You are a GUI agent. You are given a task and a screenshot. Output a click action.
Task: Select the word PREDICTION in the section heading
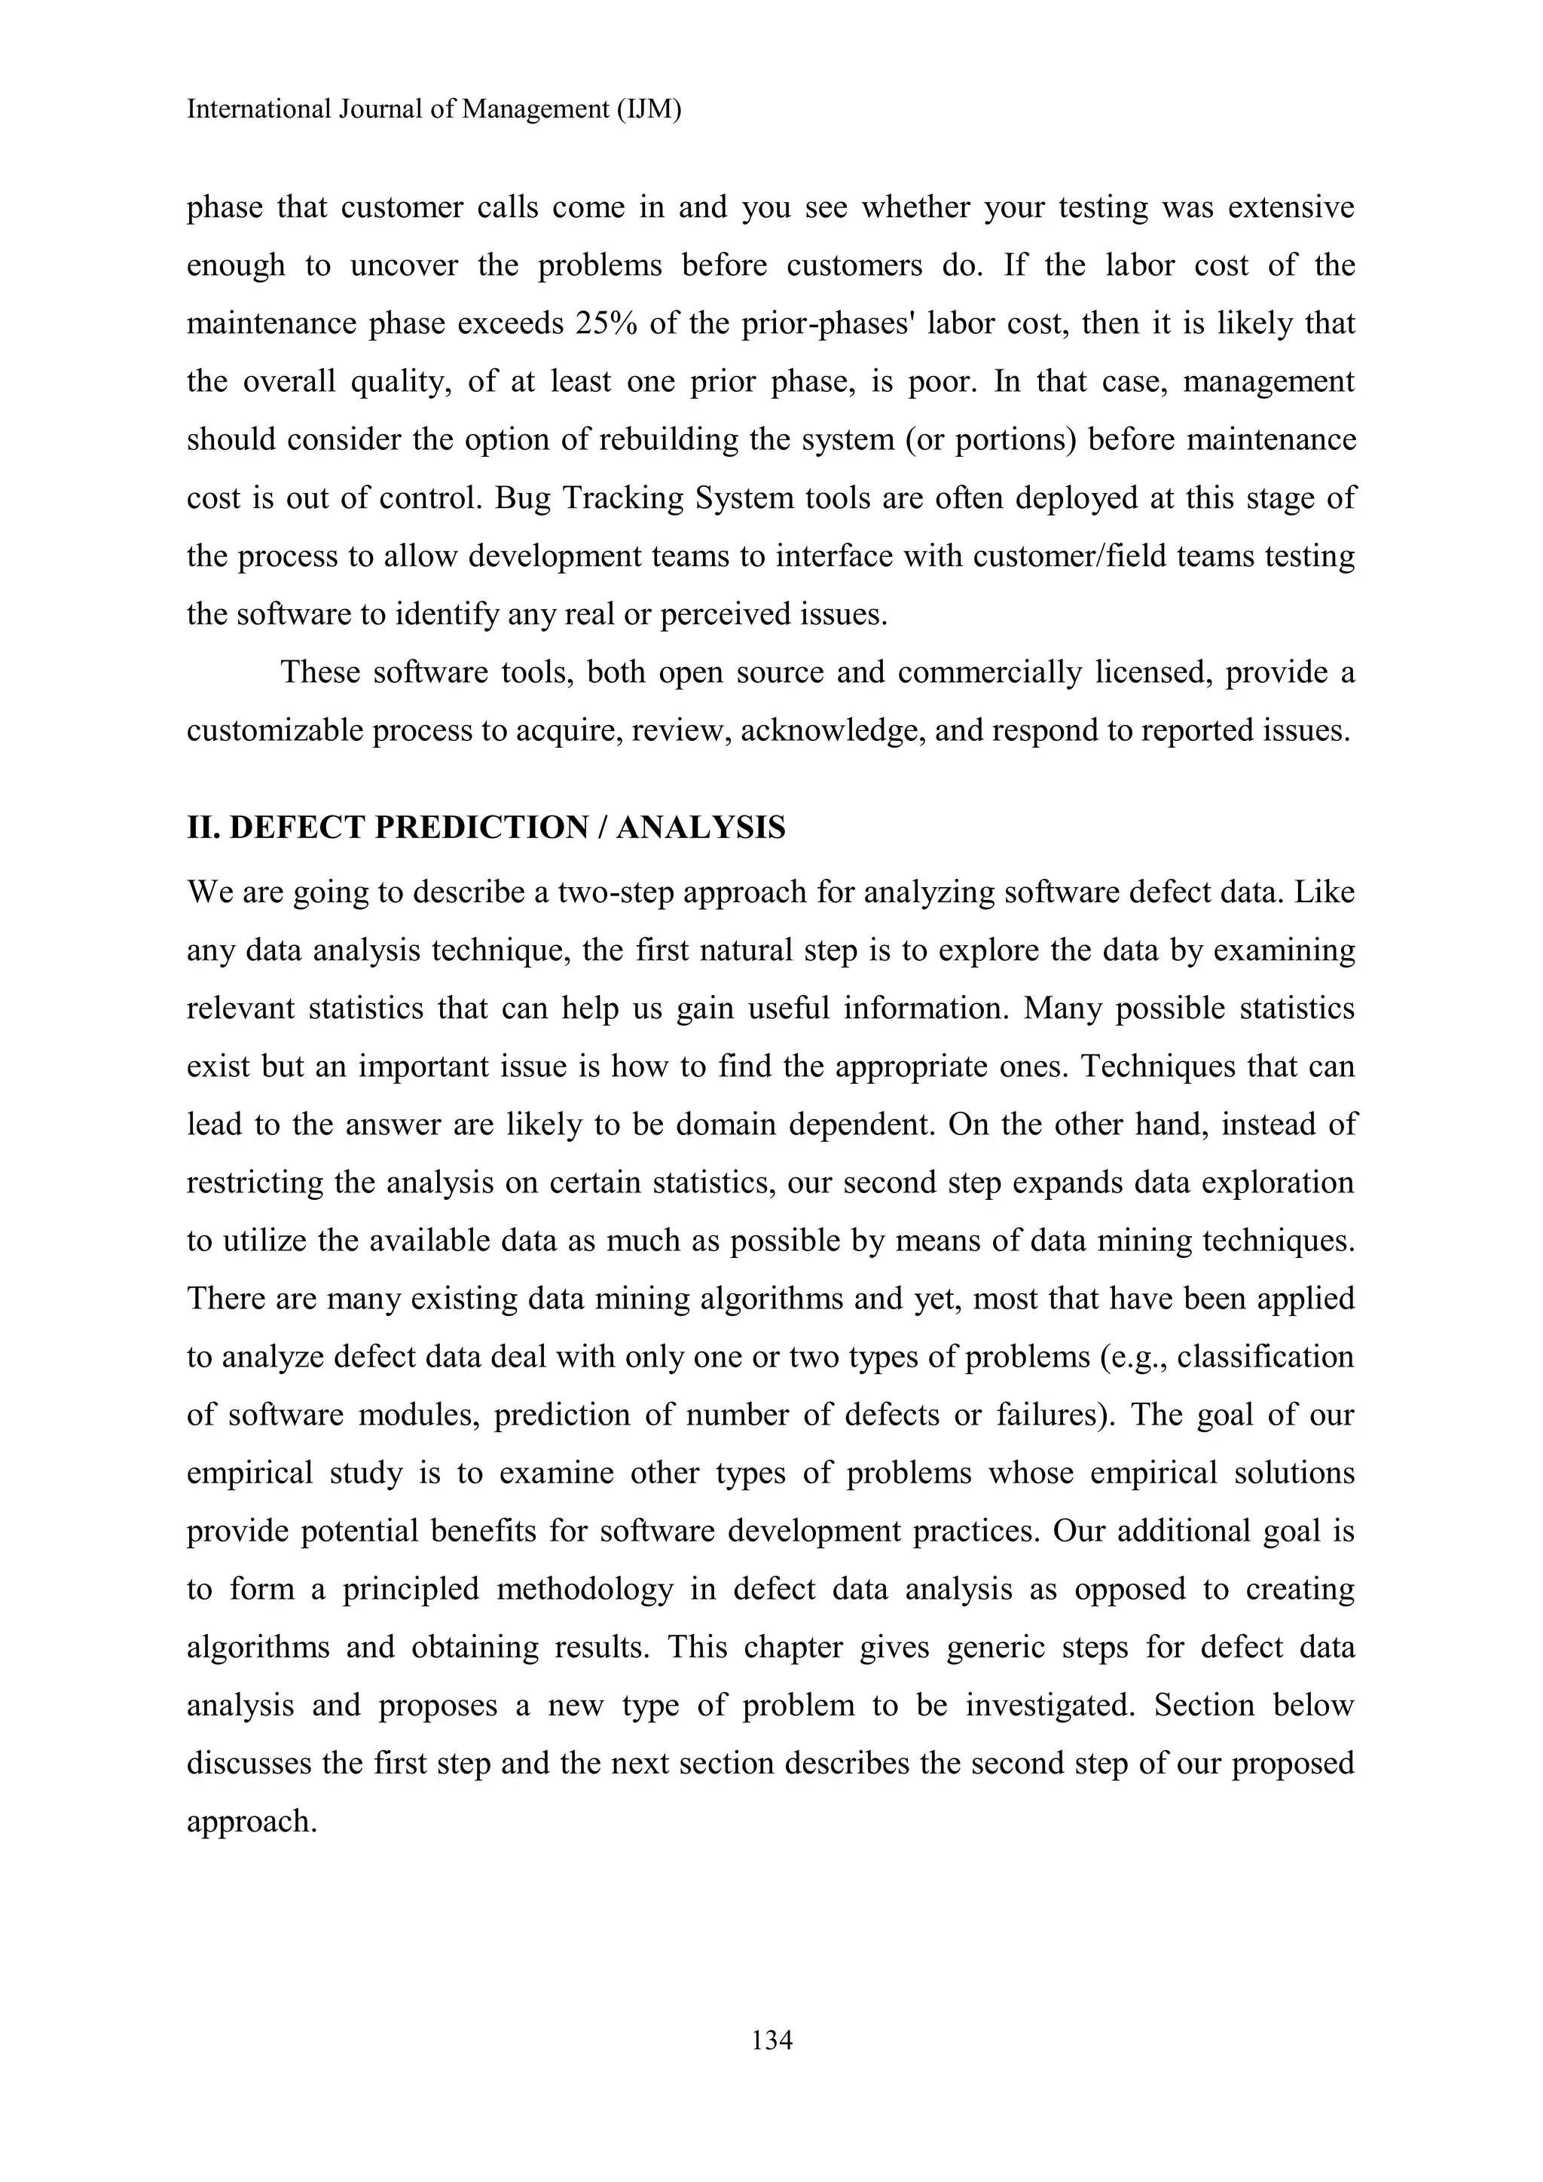[x=481, y=828]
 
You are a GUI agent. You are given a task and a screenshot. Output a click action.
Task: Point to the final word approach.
[x=251, y=1822]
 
